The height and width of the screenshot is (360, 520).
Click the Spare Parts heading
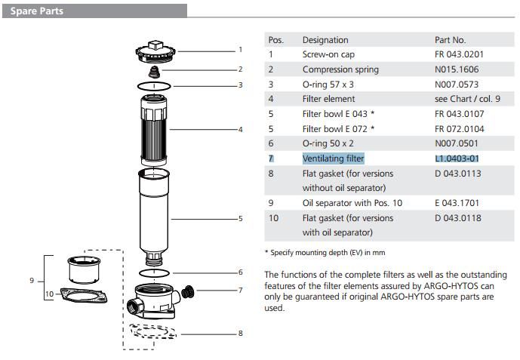[36, 11]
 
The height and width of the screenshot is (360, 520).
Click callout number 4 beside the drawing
[241, 130]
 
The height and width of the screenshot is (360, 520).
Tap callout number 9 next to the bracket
[32, 281]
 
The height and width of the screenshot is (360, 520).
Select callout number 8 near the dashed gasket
[241, 333]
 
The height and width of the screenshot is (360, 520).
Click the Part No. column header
[451, 40]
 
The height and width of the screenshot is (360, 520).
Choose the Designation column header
[325, 40]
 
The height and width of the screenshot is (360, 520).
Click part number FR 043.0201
[460, 54]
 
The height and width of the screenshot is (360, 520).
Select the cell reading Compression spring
[340, 69]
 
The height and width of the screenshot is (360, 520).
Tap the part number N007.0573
[457, 85]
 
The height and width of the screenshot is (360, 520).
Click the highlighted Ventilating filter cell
[333, 158]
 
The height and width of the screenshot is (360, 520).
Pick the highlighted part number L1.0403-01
[457, 158]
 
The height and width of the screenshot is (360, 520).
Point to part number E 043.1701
[457, 203]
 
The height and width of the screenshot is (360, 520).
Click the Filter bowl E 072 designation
[338, 129]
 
